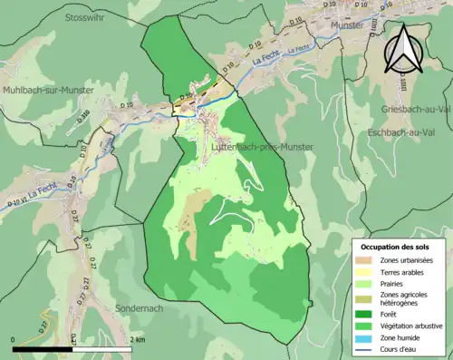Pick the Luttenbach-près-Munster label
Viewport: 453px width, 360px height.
262,146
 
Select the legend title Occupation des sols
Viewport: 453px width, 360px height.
395,247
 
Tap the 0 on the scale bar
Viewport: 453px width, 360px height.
14,339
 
